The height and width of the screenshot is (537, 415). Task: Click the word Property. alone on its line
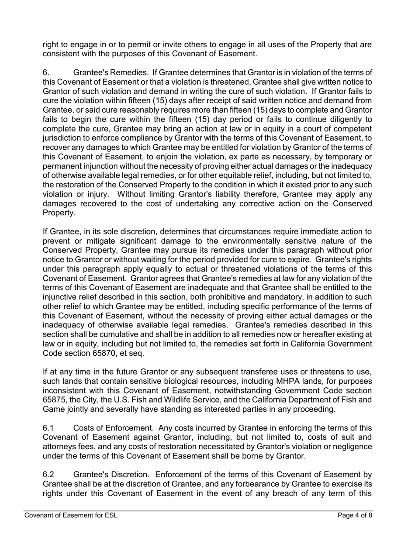tap(59, 213)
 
